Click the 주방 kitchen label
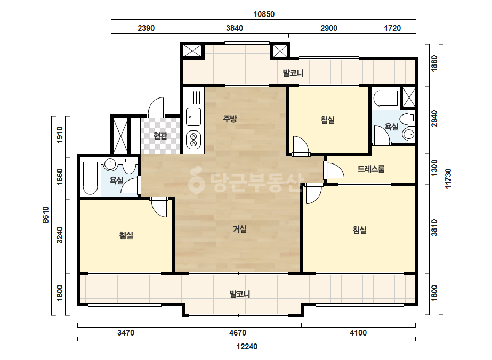pyautogui.click(x=230, y=119)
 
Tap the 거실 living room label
pyautogui.click(x=240, y=229)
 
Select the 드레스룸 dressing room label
pyautogui.click(x=371, y=169)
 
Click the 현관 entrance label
pyautogui.click(x=160, y=135)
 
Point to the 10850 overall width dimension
pyautogui.click(x=264, y=14)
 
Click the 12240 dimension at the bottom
pyautogui.click(x=247, y=347)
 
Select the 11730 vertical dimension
pyautogui.click(x=448, y=178)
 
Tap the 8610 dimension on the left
pyautogui.click(x=46, y=215)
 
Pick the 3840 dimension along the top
pyautogui.click(x=235, y=28)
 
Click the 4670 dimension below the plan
pyautogui.click(x=238, y=333)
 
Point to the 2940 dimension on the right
pyautogui.click(x=434, y=119)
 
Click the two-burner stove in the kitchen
pyautogui.click(x=193, y=140)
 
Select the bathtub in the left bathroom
pyautogui.click(x=90, y=178)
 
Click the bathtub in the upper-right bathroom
pyautogui.click(x=386, y=99)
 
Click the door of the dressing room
pyautogui.click(x=334, y=170)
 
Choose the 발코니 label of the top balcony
pyautogui.click(x=293, y=73)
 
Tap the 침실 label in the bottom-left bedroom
pyautogui.click(x=126, y=235)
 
